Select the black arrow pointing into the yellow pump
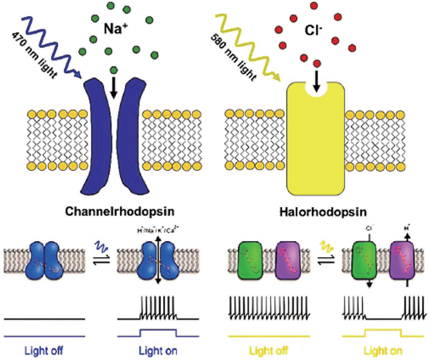click(316, 81)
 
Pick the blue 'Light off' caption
click(44, 350)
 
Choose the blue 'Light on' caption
click(158, 350)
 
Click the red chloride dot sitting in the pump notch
click(316, 64)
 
